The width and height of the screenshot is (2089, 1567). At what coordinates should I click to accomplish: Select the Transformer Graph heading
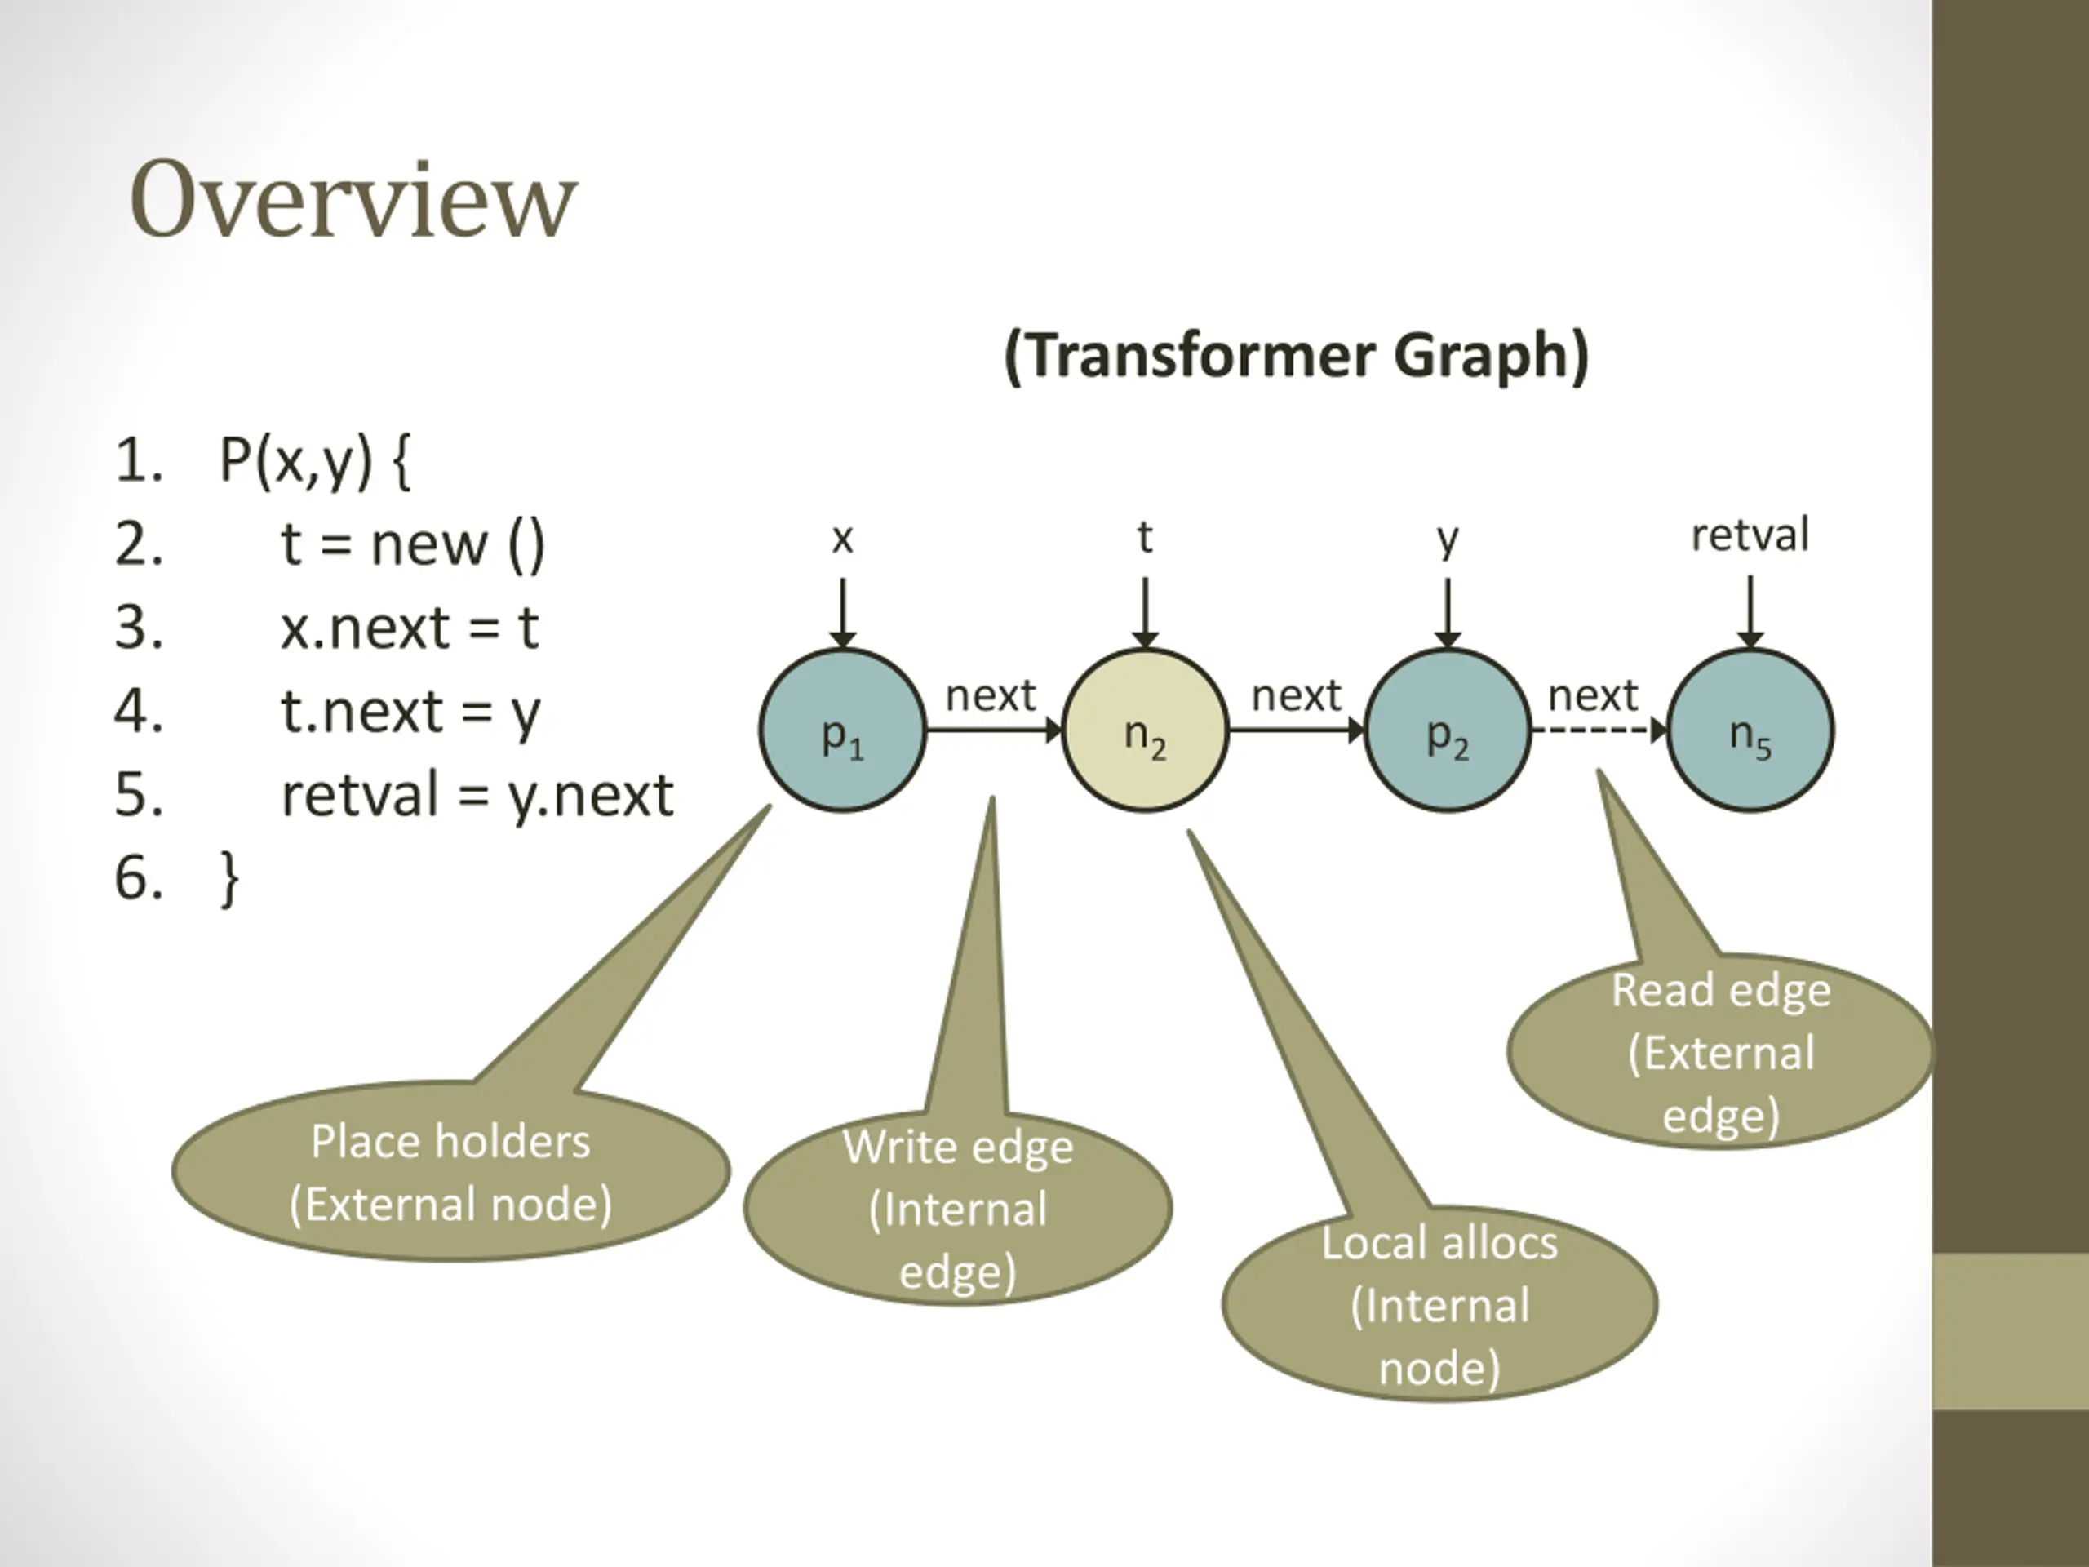(1297, 356)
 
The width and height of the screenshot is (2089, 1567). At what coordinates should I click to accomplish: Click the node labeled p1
(842, 730)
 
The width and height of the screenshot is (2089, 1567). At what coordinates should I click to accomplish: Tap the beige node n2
(1146, 730)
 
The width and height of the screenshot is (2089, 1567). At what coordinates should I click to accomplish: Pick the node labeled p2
(1448, 730)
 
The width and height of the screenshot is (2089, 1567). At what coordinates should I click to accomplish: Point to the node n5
(1751, 730)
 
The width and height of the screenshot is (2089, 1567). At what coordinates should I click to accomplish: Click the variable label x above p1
(842, 539)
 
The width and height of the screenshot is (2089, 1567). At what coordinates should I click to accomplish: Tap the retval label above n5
(1750, 535)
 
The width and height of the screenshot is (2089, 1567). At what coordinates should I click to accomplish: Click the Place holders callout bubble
(451, 1171)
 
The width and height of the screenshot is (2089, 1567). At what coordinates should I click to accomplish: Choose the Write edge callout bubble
(958, 1208)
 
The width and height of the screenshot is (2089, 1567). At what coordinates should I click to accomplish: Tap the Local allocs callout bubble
(1439, 1304)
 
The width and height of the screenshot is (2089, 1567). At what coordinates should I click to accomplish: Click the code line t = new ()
(413, 544)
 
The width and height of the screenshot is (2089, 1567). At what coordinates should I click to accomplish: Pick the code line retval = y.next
(477, 794)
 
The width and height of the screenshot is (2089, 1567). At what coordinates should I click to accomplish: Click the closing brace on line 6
(228, 878)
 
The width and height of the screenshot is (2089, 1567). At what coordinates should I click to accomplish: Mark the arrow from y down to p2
(1448, 613)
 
